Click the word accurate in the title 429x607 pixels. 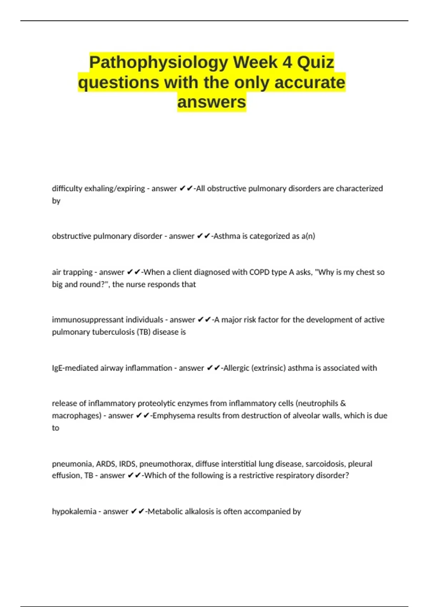[310, 82]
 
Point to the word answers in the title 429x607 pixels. [212, 102]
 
